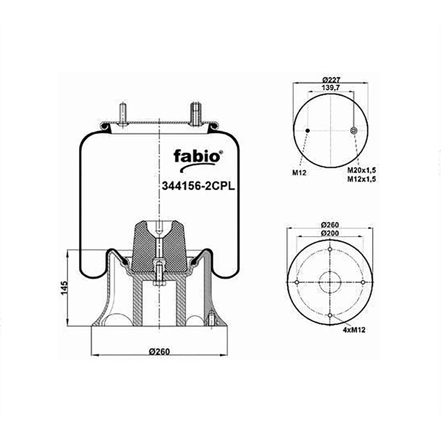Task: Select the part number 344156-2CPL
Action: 198,186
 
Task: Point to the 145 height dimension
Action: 65,288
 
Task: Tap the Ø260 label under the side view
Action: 159,351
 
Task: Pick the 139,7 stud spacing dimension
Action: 331,87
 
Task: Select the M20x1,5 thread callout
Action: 362,170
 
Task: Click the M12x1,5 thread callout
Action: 362,179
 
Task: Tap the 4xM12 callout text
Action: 354,330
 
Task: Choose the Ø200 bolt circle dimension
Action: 330,233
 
